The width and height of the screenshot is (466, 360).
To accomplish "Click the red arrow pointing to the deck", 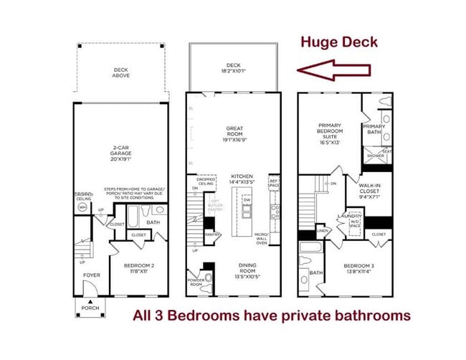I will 335,70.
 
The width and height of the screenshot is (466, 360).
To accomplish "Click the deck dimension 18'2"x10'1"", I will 233,70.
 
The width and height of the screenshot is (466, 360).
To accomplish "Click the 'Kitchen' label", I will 242,179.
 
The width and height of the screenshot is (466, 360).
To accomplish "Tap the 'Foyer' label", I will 91,275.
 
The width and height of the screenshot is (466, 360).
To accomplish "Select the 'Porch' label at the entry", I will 90,309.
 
